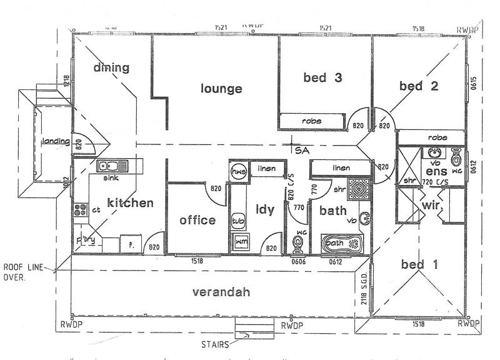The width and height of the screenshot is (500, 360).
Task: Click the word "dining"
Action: tap(111, 67)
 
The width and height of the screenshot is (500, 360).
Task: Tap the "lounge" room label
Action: tap(221, 89)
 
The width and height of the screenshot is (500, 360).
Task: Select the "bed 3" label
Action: tap(322, 77)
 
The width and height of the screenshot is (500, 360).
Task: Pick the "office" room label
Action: tap(197, 220)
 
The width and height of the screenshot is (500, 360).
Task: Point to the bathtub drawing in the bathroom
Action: tap(341, 243)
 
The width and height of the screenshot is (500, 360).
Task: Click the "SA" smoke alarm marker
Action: tap(302, 150)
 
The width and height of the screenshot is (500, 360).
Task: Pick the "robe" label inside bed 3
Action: tap(311, 121)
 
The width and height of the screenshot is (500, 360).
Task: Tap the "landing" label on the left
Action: tap(54, 141)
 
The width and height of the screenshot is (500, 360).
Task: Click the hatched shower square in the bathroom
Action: tap(358, 187)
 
